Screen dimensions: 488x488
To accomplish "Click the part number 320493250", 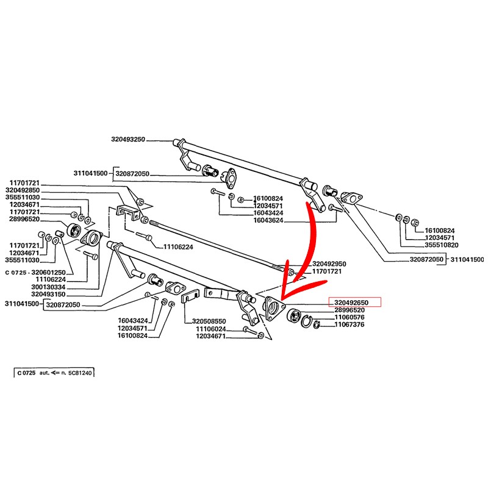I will coord(128,140).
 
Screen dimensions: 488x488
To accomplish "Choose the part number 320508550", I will coord(209,321).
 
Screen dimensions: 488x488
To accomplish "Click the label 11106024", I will coord(210,329).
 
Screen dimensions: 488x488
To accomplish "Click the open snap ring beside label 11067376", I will coord(317,324).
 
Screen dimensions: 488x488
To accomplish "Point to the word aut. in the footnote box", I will coord(45,371).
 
